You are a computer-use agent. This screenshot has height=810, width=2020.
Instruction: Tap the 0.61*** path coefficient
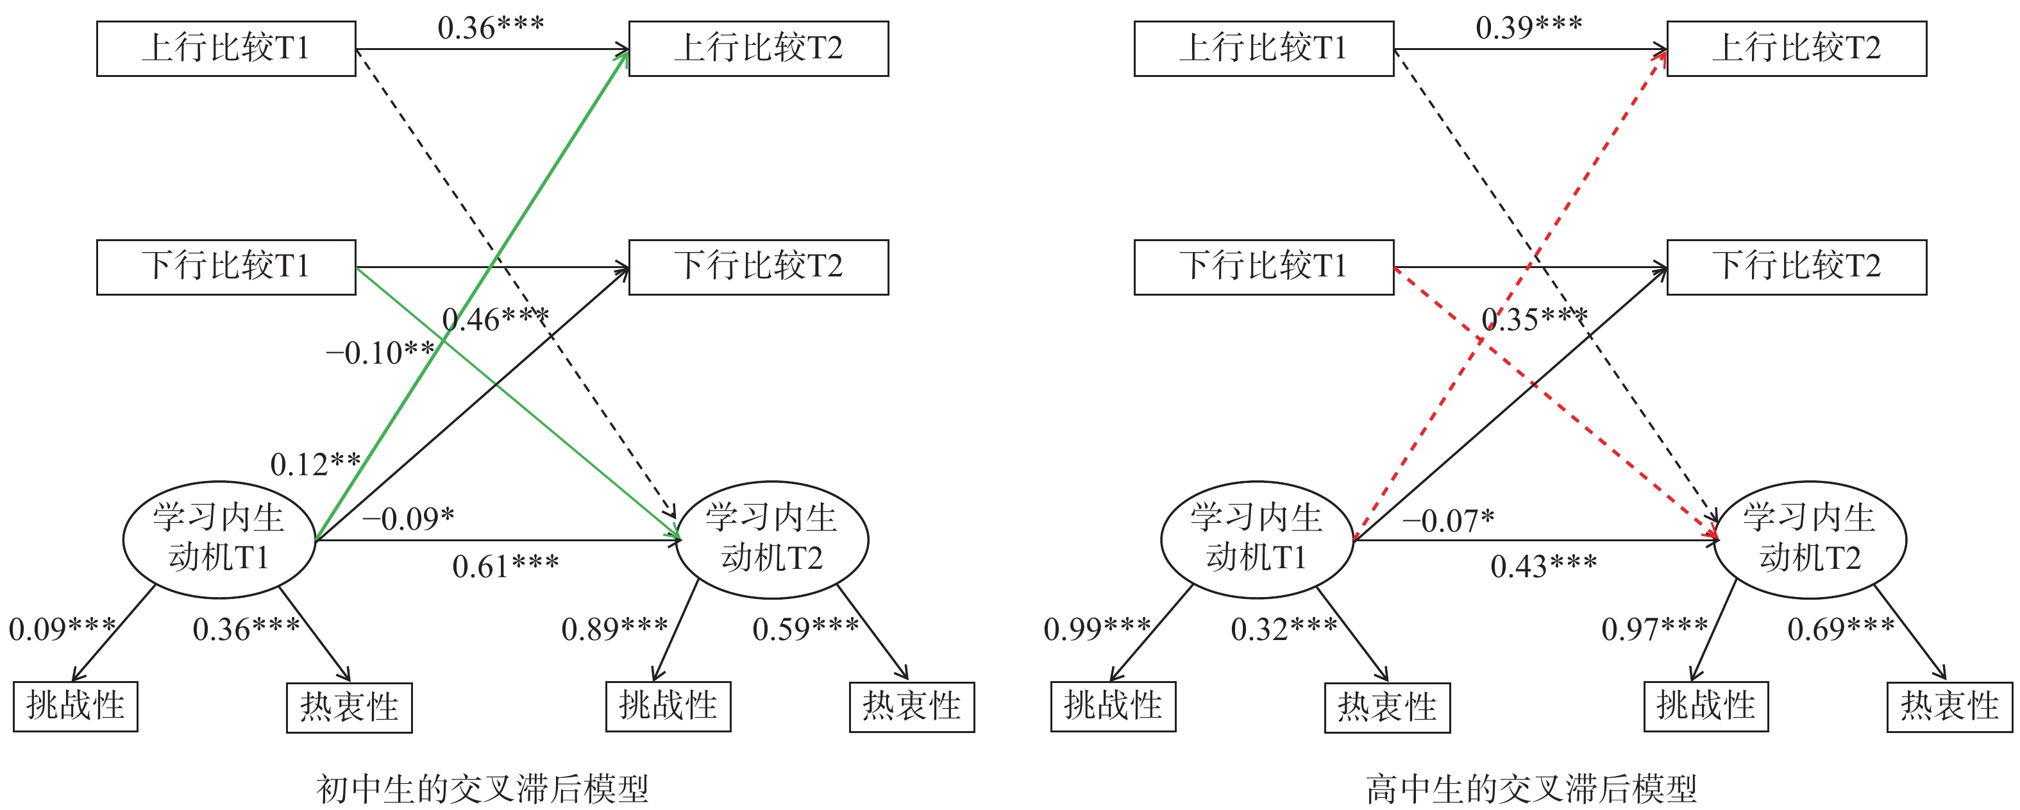[505, 566]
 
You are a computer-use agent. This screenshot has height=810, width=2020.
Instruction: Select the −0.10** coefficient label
[380, 353]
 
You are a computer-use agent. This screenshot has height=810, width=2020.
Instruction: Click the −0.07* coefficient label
[1447, 521]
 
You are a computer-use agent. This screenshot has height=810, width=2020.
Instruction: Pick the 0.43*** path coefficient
[1544, 566]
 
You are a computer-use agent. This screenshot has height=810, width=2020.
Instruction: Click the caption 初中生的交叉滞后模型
[482, 788]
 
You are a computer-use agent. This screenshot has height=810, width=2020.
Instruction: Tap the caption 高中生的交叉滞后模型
[1531, 788]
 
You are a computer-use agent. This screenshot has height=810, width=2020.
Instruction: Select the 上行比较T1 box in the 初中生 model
[226, 49]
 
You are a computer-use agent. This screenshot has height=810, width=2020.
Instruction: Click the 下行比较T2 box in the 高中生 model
[1796, 267]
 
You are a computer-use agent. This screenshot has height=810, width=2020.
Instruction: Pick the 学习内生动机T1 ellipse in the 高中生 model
[1256, 539]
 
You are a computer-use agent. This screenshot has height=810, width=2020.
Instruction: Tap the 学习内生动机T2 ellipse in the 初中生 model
[771, 539]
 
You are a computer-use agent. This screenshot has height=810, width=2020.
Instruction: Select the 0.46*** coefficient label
[495, 319]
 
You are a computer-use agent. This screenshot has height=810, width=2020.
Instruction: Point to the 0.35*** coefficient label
[1534, 319]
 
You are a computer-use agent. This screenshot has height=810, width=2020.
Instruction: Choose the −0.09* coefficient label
[408, 519]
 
